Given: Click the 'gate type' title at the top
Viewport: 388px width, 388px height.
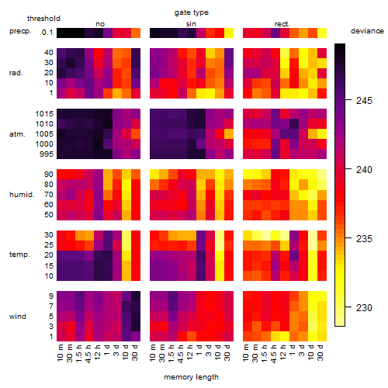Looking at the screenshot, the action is (192, 12).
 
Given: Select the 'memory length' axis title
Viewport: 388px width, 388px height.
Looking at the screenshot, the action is (191, 377).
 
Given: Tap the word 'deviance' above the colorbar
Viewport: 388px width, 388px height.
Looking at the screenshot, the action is (367, 31).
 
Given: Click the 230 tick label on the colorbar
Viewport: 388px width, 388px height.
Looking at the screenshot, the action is (364, 308).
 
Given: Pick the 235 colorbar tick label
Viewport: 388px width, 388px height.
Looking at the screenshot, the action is (364, 238).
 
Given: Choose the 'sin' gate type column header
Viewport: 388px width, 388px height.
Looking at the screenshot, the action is (191, 24).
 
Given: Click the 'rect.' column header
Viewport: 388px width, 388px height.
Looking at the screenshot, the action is (282, 24).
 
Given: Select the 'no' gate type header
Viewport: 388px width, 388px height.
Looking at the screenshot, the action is (100, 24).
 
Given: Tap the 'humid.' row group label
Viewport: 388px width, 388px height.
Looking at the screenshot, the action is (22, 195).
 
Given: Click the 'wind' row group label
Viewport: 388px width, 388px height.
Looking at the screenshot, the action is (18, 317).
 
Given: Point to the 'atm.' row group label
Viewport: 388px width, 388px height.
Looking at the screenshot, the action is (17, 134).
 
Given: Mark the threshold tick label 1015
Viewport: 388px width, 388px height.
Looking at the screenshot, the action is (44, 114).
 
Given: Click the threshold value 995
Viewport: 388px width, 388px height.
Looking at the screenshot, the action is (47, 154).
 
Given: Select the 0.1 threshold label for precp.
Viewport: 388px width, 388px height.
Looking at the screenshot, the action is (47, 33).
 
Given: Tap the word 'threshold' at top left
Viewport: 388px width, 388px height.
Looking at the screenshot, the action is (43, 19).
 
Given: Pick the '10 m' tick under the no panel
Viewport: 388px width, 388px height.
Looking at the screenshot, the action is (61, 353).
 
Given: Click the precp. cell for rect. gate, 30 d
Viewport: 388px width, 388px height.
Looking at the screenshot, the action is (322, 33).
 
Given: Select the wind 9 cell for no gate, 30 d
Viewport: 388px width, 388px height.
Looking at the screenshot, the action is (136, 296).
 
